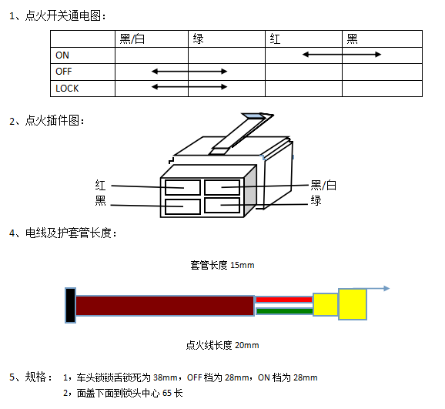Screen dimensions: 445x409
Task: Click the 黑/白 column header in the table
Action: (132, 39)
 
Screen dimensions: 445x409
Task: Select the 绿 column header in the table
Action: (198, 39)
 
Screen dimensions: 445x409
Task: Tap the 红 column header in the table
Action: (275, 39)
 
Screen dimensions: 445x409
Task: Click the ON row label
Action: (62, 55)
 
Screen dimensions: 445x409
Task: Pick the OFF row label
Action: (64, 72)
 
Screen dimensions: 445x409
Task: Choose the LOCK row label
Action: (67, 89)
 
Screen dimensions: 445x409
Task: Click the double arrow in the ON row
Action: (342, 54)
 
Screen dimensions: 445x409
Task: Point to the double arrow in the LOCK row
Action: (189, 86)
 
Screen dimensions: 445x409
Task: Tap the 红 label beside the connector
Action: (100, 185)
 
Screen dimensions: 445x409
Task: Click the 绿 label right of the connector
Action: (316, 200)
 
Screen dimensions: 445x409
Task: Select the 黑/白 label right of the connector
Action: (323, 185)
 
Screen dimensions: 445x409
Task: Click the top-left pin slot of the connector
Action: (182, 187)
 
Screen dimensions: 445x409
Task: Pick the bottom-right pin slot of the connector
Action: (222, 206)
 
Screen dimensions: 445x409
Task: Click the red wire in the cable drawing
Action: (284, 300)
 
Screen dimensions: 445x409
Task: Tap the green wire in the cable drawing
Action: (284, 311)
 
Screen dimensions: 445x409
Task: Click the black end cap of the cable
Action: (70, 305)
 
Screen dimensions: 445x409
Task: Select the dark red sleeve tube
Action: (165, 305)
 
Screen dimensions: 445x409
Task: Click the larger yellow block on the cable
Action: (353, 304)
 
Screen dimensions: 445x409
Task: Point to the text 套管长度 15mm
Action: (222, 265)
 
